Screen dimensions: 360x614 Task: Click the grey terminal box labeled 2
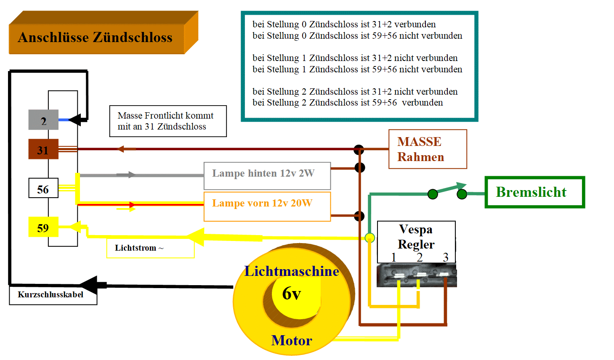coord(43,120)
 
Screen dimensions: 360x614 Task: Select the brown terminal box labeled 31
coord(43,149)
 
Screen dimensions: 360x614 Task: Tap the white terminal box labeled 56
coord(43,188)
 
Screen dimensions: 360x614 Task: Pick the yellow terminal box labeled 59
coord(43,227)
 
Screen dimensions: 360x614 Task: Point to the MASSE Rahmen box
coord(428,149)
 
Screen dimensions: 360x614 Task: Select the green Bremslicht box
coord(534,192)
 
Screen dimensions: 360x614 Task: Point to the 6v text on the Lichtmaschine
coord(291,294)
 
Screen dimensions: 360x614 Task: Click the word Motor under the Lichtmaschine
coord(292,340)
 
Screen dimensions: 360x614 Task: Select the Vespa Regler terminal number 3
coord(446,257)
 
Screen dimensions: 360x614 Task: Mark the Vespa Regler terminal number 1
coord(393,257)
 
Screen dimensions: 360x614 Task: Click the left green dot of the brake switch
coord(433,194)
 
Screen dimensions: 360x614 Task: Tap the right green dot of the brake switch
coord(462,194)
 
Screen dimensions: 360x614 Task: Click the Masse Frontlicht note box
coord(168,121)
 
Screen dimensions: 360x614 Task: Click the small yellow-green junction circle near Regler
coord(369,238)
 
